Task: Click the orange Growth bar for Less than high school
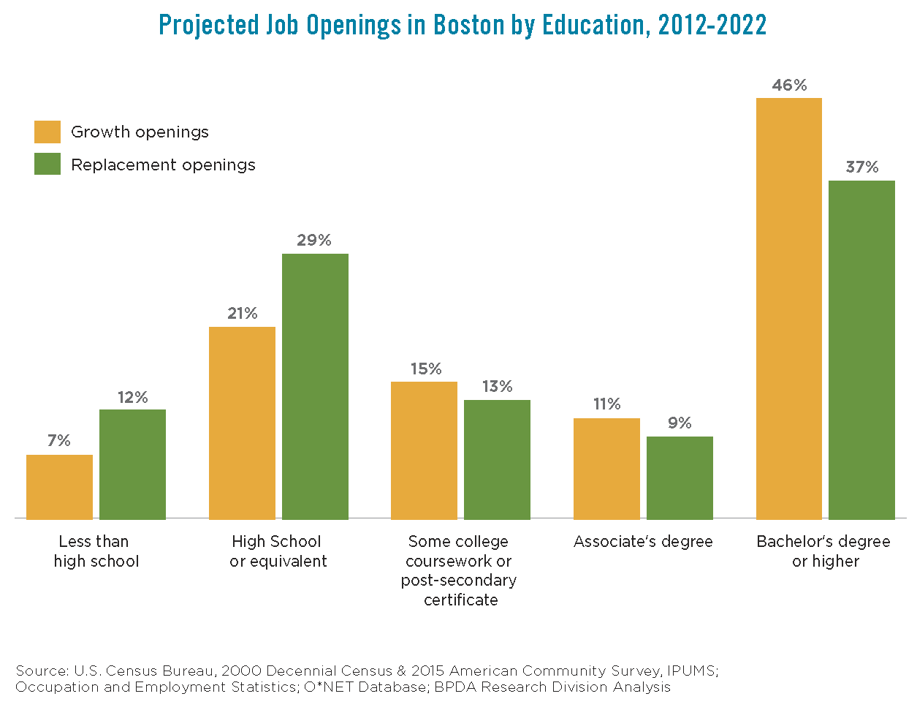[59, 487]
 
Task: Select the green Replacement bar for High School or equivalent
[315, 386]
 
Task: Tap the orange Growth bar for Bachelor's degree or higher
[788, 309]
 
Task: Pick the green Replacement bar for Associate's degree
[680, 477]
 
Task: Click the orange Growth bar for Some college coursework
[424, 450]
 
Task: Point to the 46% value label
[789, 86]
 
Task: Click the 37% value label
[861, 167]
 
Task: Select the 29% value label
[314, 241]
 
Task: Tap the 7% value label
[59, 441]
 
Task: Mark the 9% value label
[680, 423]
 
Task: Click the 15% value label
[425, 369]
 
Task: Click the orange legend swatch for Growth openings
[47, 132]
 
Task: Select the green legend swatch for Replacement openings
[47, 165]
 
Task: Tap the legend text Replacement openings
[163, 165]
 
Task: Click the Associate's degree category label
[643, 542]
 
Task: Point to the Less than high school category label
[95, 551]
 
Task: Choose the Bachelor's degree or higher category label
[823, 551]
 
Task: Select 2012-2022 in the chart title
[712, 26]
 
